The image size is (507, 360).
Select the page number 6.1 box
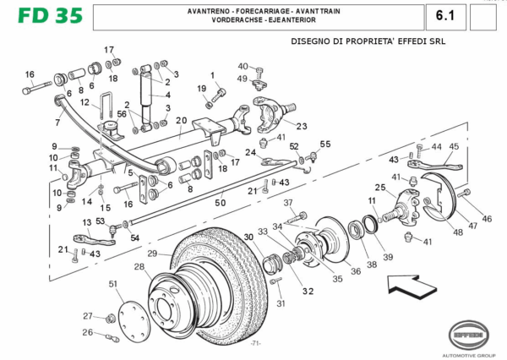[446, 16]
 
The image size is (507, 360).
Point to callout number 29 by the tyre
[152, 254]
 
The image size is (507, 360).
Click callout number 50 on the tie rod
[220, 203]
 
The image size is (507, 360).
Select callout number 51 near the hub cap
[113, 284]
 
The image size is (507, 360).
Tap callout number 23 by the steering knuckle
[302, 127]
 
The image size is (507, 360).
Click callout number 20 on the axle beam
[182, 121]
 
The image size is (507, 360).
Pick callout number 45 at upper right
[454, 146]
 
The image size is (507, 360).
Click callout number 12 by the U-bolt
[84, 103]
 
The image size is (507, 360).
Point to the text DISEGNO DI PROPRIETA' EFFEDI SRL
[368, 41]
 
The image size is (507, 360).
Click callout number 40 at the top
[243, 66]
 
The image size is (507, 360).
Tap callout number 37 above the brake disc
[287, 203]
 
